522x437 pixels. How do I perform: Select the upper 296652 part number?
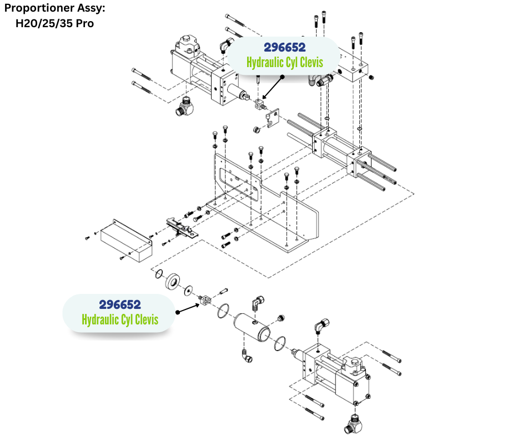(284, 48)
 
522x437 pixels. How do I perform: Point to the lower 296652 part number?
(120, 304)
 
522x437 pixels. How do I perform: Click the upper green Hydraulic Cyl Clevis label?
(284, 62)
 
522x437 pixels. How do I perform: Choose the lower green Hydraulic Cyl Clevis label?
(120, 319)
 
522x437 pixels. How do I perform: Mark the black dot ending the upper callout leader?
(282, 77)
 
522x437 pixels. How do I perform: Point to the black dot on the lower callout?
(177, 312)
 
